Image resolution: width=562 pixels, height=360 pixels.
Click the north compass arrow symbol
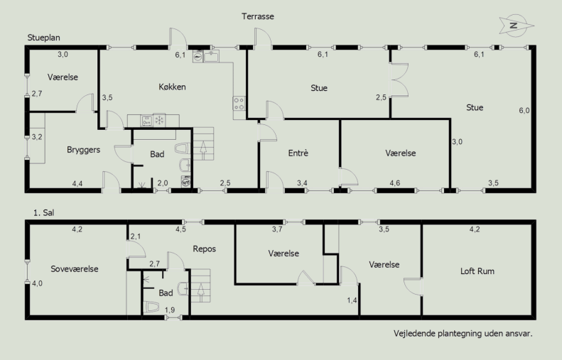[x=516, y=26]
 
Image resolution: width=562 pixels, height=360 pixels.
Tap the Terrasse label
[x=258, y=16]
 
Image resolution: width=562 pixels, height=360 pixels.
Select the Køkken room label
[x=172, y=87]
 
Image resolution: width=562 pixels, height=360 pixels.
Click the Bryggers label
[x=84, y=150]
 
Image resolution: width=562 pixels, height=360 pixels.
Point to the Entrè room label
[x=298, y=153]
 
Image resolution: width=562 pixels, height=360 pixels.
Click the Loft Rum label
[x=477, y=271]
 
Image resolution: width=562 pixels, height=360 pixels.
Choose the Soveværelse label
[x=75, y=269]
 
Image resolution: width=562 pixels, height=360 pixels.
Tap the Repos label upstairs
[x=205, y=249]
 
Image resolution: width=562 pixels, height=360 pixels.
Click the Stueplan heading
[x=44, y=38]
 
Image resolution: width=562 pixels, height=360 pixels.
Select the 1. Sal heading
[x=44, y=213]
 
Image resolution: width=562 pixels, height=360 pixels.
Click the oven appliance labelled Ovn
[x=146, y=121]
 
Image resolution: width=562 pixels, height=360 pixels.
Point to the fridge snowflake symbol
[x=159, y=120]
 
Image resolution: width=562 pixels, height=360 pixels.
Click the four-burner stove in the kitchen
[x=239, y=104]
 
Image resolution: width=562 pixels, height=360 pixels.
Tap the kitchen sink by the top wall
[x=212, y=57]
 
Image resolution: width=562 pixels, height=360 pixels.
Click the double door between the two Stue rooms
[x=399, y=80]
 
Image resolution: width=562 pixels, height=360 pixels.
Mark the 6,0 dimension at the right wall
[x=524, y=110]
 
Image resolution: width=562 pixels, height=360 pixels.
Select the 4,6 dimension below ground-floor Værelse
[x=394, y=183]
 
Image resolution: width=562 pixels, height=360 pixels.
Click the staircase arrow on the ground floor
[x=203, y=150]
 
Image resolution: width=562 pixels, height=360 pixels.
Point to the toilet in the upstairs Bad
[x=152, y=307]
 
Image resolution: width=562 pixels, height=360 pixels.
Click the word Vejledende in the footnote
[x=410, y=334]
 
